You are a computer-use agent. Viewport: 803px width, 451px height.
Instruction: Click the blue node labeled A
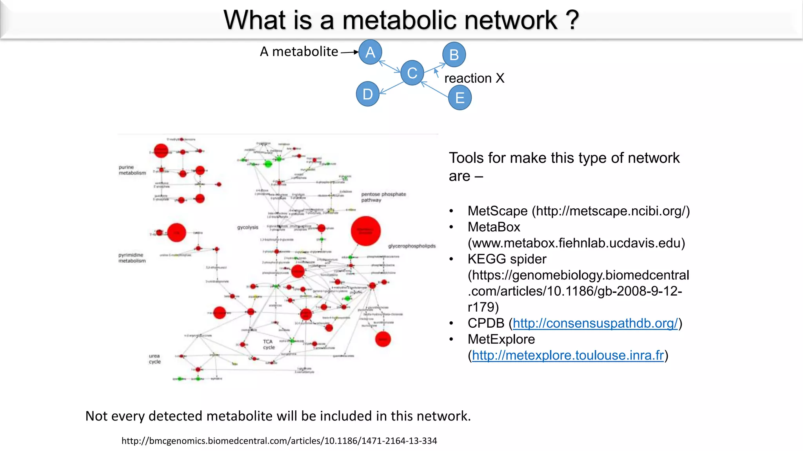pos(370,52)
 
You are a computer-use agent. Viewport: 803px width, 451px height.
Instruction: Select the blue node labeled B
pos(454,54)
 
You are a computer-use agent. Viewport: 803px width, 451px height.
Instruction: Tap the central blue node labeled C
pos(412,73)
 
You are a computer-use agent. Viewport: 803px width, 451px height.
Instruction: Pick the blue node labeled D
pos(367,94)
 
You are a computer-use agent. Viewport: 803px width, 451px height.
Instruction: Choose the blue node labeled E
pos(460,97)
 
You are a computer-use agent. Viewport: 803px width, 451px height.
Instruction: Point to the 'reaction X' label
pos(474,78)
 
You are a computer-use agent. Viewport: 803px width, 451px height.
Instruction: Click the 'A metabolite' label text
pos(299,52)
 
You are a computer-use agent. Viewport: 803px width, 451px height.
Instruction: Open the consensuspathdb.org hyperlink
pos(595,323)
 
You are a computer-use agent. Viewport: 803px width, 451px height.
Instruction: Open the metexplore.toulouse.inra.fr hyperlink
pos(568,355)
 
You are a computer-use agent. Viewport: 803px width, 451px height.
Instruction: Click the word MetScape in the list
pos(497,211)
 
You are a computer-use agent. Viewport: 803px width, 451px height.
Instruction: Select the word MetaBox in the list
pos(494,227)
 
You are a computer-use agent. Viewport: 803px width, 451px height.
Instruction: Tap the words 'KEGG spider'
pos(507,259)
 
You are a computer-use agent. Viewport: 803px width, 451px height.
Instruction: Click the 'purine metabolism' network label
pos(132,170)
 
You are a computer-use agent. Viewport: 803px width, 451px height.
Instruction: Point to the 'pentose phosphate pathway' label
pos(383,197)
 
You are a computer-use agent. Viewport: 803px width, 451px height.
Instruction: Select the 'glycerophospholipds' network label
pos(412,246)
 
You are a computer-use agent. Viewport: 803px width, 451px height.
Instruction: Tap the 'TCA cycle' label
pos(269,345)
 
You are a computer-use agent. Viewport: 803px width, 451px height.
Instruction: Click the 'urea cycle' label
pos(154,359)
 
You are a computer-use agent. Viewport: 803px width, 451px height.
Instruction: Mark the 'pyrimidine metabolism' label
pos(132,258)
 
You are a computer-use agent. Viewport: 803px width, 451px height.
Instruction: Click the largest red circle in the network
pos(365,231)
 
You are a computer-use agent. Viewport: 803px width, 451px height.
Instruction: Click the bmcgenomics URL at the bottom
pos(279,441)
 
